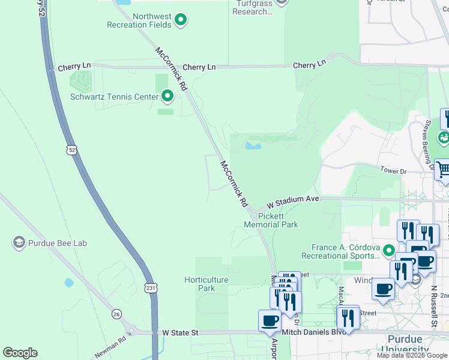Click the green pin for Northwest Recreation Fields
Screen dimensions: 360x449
180,21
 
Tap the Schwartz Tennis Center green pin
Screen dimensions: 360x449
167,96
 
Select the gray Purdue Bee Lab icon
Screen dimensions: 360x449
18,242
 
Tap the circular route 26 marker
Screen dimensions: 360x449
116,313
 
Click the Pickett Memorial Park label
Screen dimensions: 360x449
271,220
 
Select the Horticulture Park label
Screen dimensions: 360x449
206,284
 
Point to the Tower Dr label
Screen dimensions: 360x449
393,171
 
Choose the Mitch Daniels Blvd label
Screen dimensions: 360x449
321,332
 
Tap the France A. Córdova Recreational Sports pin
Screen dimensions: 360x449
389,251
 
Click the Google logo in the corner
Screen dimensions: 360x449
20,353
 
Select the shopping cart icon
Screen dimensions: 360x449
442,170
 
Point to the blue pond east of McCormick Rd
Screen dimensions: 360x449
253,145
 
